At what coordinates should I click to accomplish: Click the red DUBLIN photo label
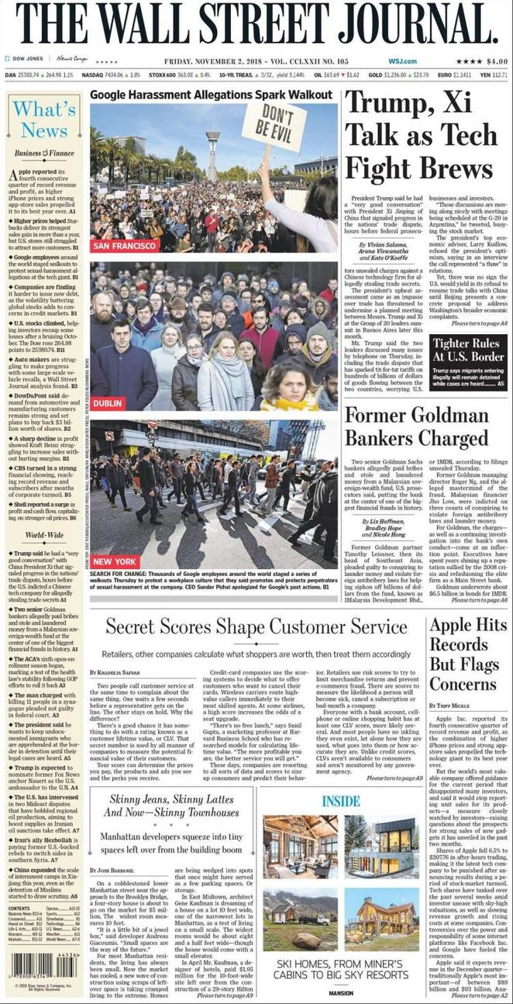[108, 404]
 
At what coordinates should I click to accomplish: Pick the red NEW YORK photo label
[114, 561]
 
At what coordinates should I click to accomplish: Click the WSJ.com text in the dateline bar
[402, 61]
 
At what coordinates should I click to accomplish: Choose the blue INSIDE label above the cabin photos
[341, 799]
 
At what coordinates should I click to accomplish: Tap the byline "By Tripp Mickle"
[452, 705]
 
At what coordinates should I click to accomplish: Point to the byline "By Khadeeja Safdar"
[115, 671]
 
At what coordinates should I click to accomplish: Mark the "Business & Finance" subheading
[44, 154]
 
